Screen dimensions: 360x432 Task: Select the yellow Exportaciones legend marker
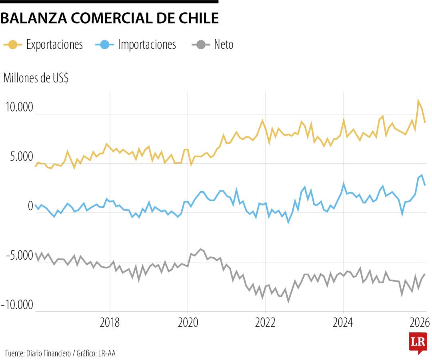[x=13, y=44]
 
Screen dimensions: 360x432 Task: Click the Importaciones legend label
[x=147, y=44]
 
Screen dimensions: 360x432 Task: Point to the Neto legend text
[x=224, y=44]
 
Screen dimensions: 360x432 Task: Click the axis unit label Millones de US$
[x=36, y=78]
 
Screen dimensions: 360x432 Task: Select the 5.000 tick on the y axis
[x=19, y=157]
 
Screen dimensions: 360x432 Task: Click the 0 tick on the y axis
[x=30, y=206]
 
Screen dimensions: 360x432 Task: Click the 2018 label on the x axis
[x=110, y=322]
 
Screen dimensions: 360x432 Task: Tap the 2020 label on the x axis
[x=187, y=322]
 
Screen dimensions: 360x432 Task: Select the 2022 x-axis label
[x=265, y=322]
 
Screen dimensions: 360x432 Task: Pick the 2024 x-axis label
[x=342, y=322]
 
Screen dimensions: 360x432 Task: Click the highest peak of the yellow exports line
[x=418, y=100]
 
